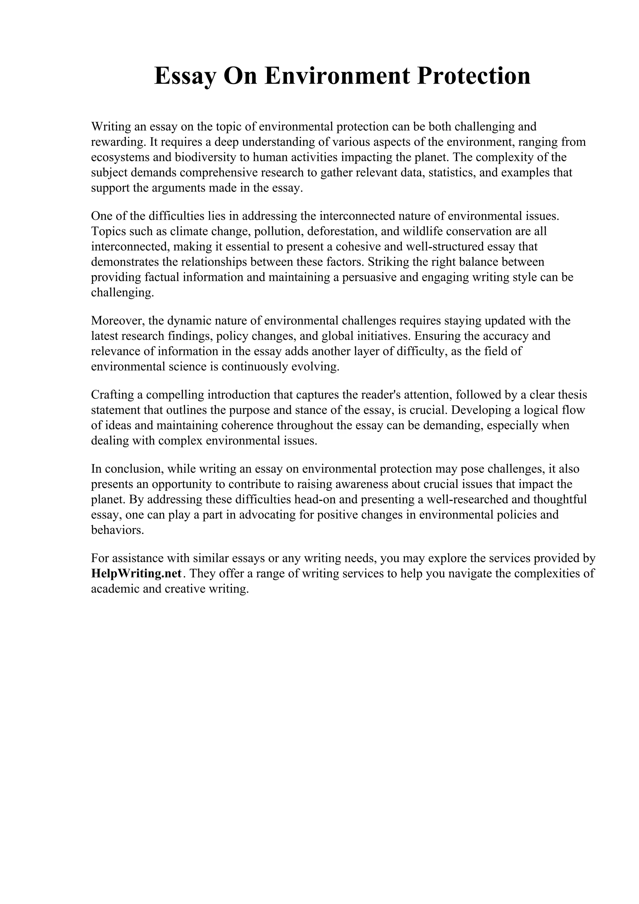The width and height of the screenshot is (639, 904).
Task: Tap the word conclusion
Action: pos(134,469)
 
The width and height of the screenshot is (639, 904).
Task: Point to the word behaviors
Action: pos(117,530)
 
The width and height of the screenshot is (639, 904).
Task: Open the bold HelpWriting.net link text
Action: pos(136,573)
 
